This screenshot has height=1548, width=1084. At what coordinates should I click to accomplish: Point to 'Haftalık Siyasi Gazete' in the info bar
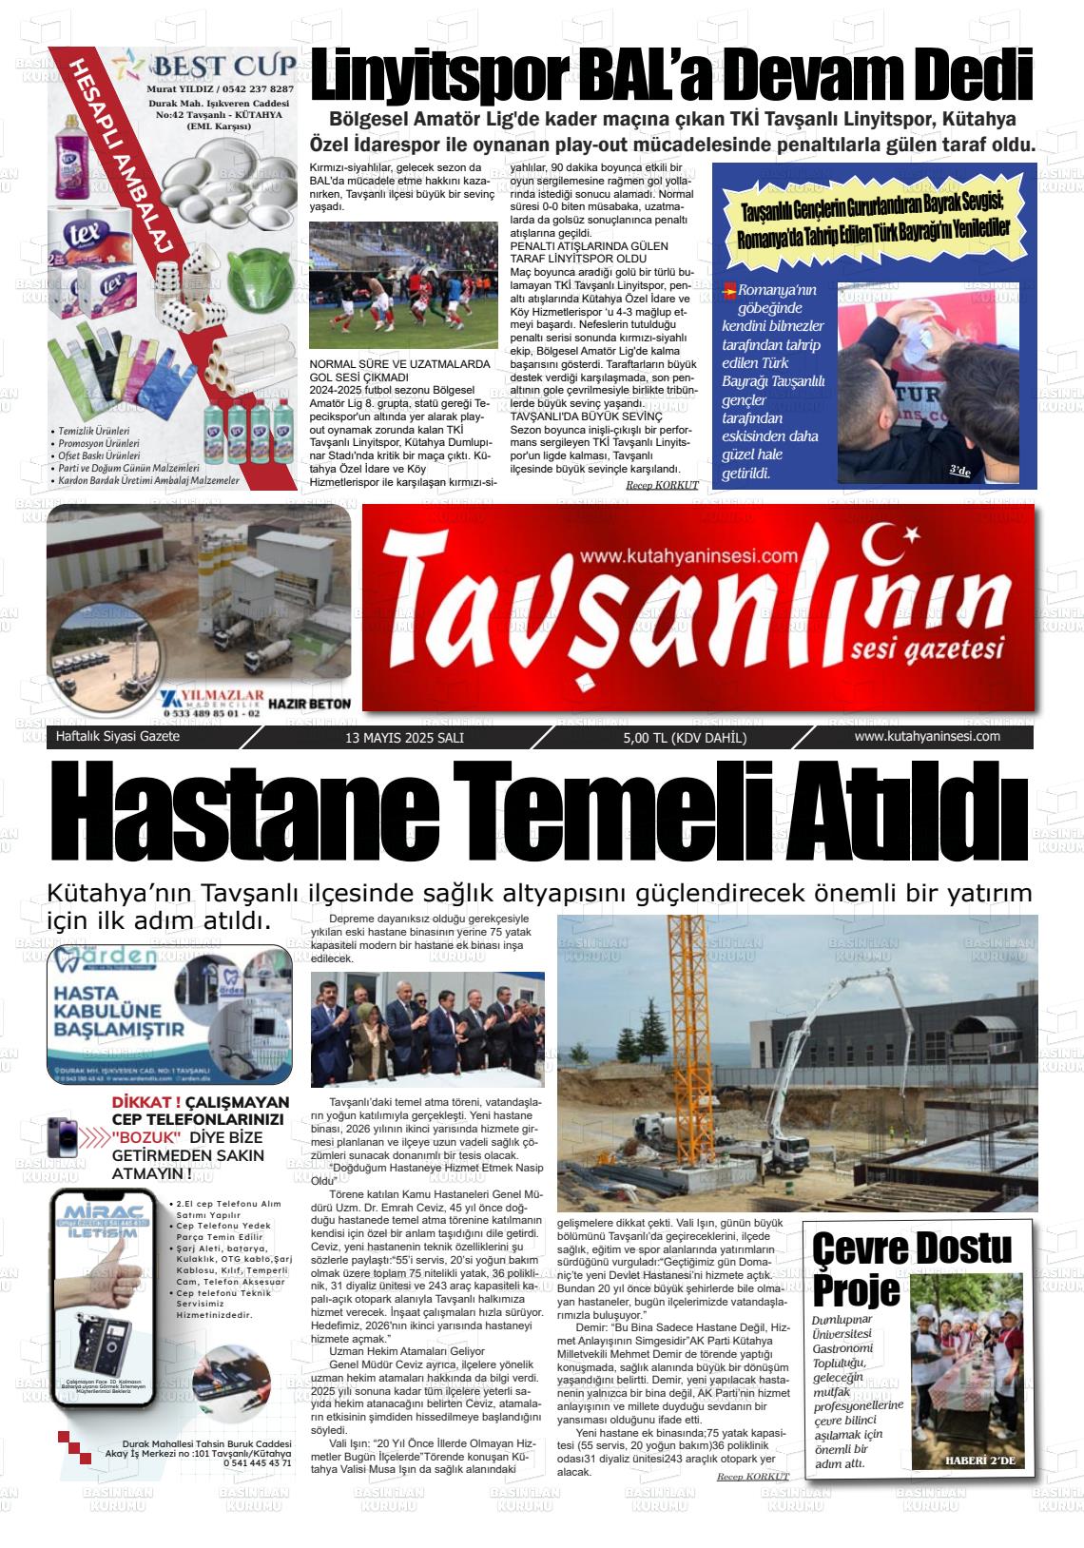(118, 737)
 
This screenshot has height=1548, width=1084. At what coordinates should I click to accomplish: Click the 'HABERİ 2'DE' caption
(980, 1461)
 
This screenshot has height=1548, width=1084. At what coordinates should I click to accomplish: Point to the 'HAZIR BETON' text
(310, 705)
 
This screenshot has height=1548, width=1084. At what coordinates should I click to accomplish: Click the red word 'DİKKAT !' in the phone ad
(145, 1103)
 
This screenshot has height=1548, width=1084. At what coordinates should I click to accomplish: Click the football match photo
(403, 286)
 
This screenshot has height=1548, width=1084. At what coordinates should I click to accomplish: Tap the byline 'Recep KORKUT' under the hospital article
(752, 1476)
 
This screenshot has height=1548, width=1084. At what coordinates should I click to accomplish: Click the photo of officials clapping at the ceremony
(428, 1029)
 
